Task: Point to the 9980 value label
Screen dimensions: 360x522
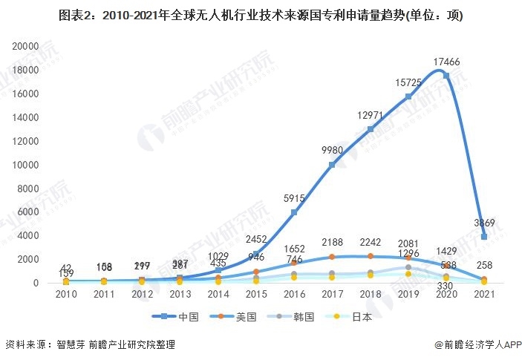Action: click(331, 151)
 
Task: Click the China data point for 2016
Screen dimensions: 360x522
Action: click(294, 212)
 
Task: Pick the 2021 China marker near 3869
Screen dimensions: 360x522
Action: click(485, 237)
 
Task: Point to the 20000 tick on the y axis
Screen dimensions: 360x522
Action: click(25, 46)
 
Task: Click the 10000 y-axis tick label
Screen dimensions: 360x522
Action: click(25, 164)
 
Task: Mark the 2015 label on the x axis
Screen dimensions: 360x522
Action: click(256, 295)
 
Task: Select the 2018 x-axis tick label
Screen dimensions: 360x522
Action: click(370, 295)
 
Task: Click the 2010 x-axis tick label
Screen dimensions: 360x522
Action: click(65, 295)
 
